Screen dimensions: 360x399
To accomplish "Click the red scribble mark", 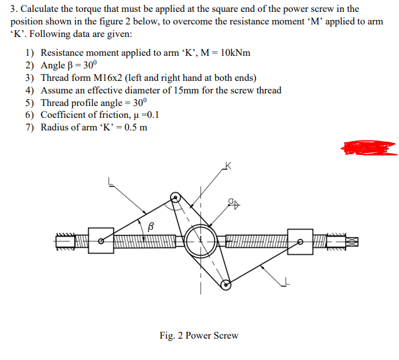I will [x=369, y=148].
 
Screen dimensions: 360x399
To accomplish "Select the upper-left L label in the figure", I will [x=110, y=182].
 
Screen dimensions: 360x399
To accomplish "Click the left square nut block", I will [x=100, y=240].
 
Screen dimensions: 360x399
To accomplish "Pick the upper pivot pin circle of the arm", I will [x=177, y=199].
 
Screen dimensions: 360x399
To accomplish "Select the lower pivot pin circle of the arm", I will [x=226, y=285].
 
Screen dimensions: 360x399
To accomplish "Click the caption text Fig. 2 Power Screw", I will [x=199, y=335].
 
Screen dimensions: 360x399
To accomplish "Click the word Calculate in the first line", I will [x=43, y=9].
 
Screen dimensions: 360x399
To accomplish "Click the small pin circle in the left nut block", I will [x=101, y=240].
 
